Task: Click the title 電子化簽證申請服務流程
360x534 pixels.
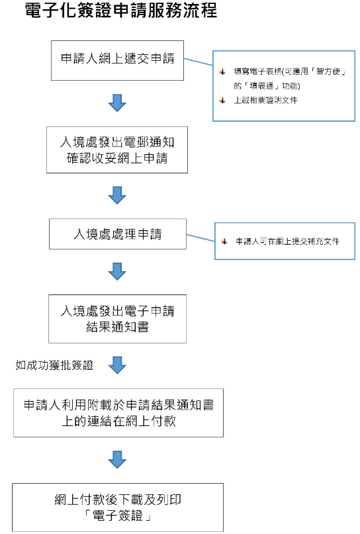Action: [x=121, y=11]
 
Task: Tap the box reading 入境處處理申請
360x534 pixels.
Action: [x=118, y=234]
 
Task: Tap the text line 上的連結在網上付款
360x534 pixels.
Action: [x=118, y=420]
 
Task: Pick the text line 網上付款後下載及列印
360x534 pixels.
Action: [x=118, y=500]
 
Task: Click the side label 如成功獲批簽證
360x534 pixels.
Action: [x=54, y=364]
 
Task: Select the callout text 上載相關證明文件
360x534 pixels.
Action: [x=266, y=101]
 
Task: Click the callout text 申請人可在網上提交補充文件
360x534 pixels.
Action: [x=288, y=242]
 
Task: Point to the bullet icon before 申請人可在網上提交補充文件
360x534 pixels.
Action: [x=224, y=242]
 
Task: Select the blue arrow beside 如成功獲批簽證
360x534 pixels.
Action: [x=117, y=364]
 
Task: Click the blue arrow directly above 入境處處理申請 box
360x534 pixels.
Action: [x=117, y=195]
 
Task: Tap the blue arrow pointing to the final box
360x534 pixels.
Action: [x=117, y=459]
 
